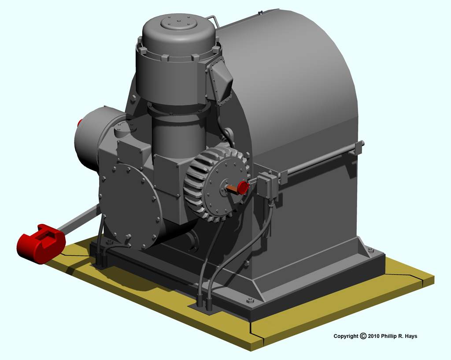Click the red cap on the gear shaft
click(x=244, y=187)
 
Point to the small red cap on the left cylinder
click(x=80, y=123)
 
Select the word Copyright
click(x=346, y=336)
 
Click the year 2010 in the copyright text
click(x=373, y=336)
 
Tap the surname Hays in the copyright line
click(x=411, y=336)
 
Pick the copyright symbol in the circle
click(x=363, y=336)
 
